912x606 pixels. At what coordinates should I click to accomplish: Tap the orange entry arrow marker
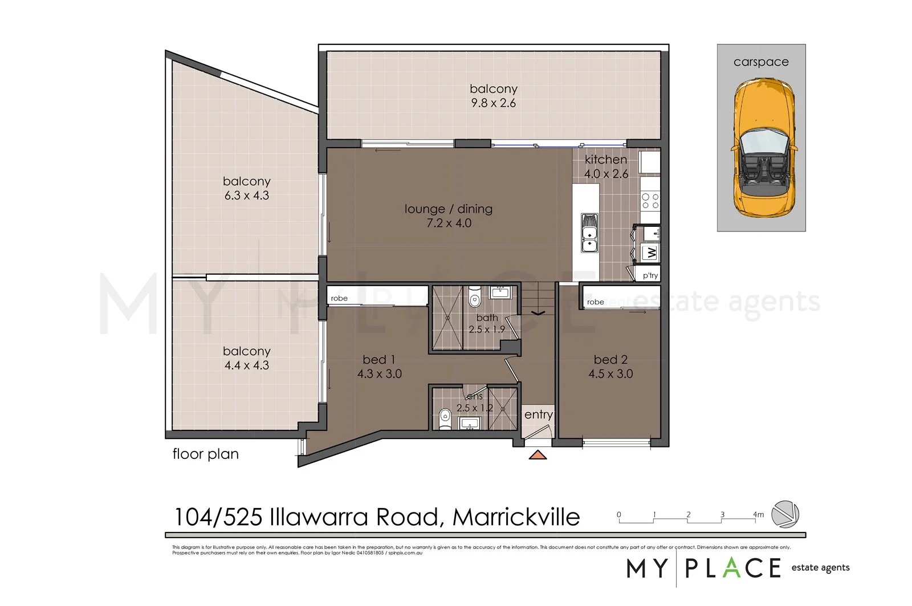538,454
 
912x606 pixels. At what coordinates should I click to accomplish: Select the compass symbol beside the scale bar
785,514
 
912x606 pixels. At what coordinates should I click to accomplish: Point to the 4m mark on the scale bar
758,515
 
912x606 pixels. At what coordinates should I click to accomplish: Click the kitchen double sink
589,233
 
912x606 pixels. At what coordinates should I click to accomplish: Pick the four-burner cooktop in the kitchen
650,201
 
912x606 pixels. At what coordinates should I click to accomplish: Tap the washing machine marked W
651,252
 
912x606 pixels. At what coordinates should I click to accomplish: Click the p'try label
650,275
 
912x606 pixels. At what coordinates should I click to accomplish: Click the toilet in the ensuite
445,418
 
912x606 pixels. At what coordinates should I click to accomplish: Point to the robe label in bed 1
339,298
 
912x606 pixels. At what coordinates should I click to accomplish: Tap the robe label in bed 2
595,302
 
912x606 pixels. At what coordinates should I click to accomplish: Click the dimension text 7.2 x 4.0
449,223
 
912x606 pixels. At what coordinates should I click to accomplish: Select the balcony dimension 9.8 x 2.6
493,103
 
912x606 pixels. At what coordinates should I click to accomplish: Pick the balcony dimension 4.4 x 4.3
246,365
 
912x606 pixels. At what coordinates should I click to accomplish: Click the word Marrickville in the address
516,517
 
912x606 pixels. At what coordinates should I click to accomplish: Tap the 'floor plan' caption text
205,454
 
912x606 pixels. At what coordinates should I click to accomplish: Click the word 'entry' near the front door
538,414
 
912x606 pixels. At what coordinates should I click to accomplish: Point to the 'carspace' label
761,62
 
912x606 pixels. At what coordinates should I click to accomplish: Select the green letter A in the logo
732,567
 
